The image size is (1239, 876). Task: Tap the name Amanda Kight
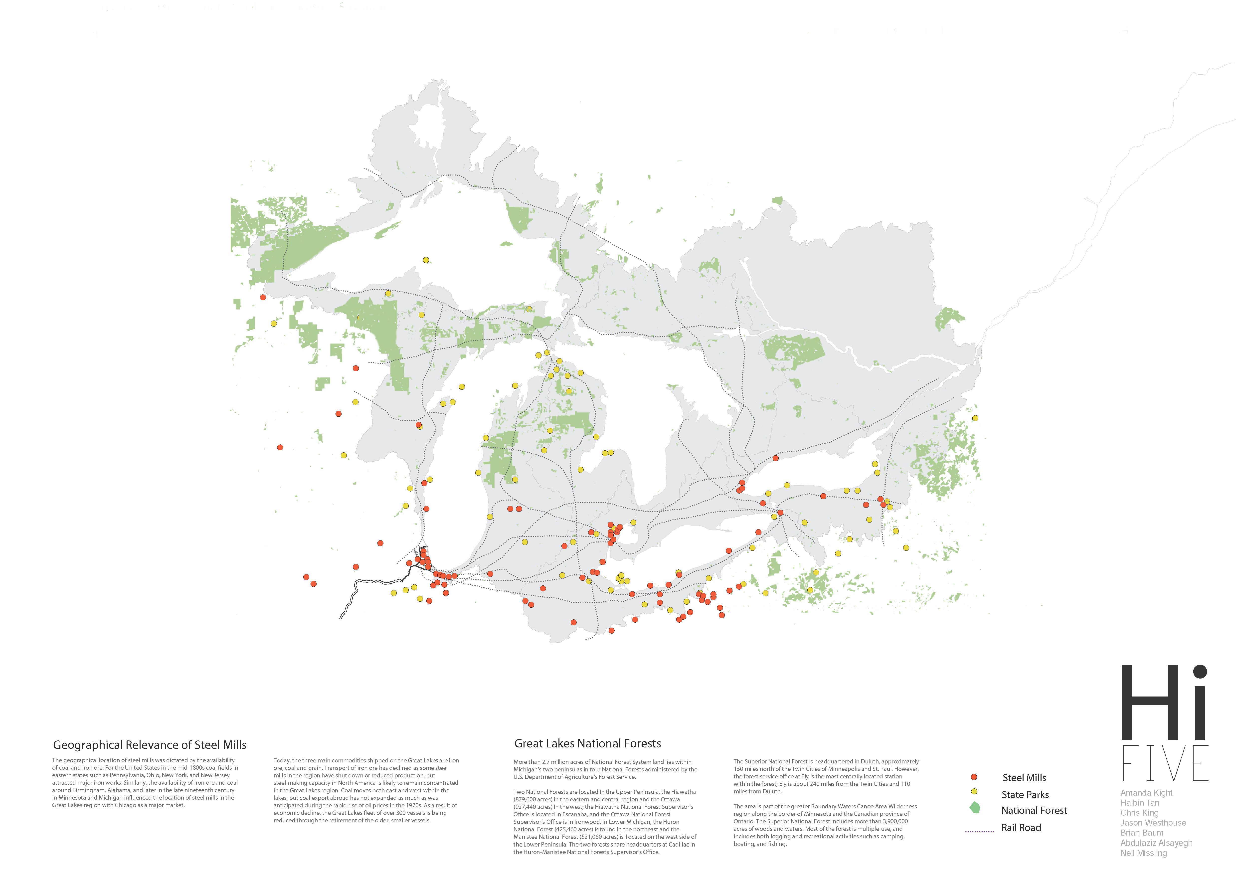tap(1146, 793)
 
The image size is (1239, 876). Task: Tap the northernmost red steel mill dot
tap(263, 297)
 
